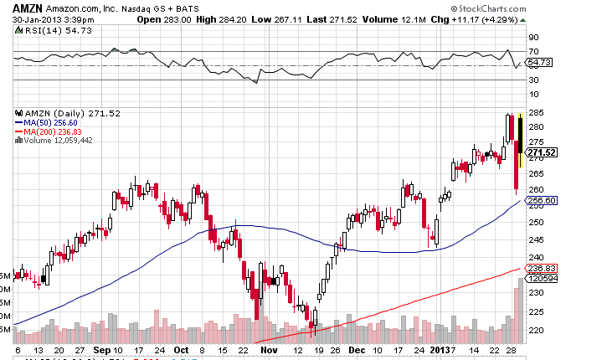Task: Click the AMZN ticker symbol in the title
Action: (x=23, y=8)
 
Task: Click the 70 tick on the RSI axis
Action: (x=532, y=52)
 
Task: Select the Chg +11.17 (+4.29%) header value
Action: (x=486, y=19)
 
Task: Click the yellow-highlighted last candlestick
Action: (x=521, y=134)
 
